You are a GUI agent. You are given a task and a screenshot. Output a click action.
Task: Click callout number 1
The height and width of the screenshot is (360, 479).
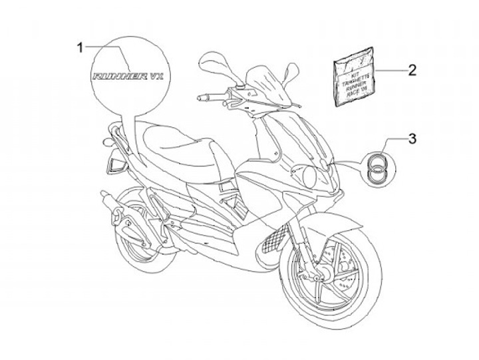click(x=79, y=47)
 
